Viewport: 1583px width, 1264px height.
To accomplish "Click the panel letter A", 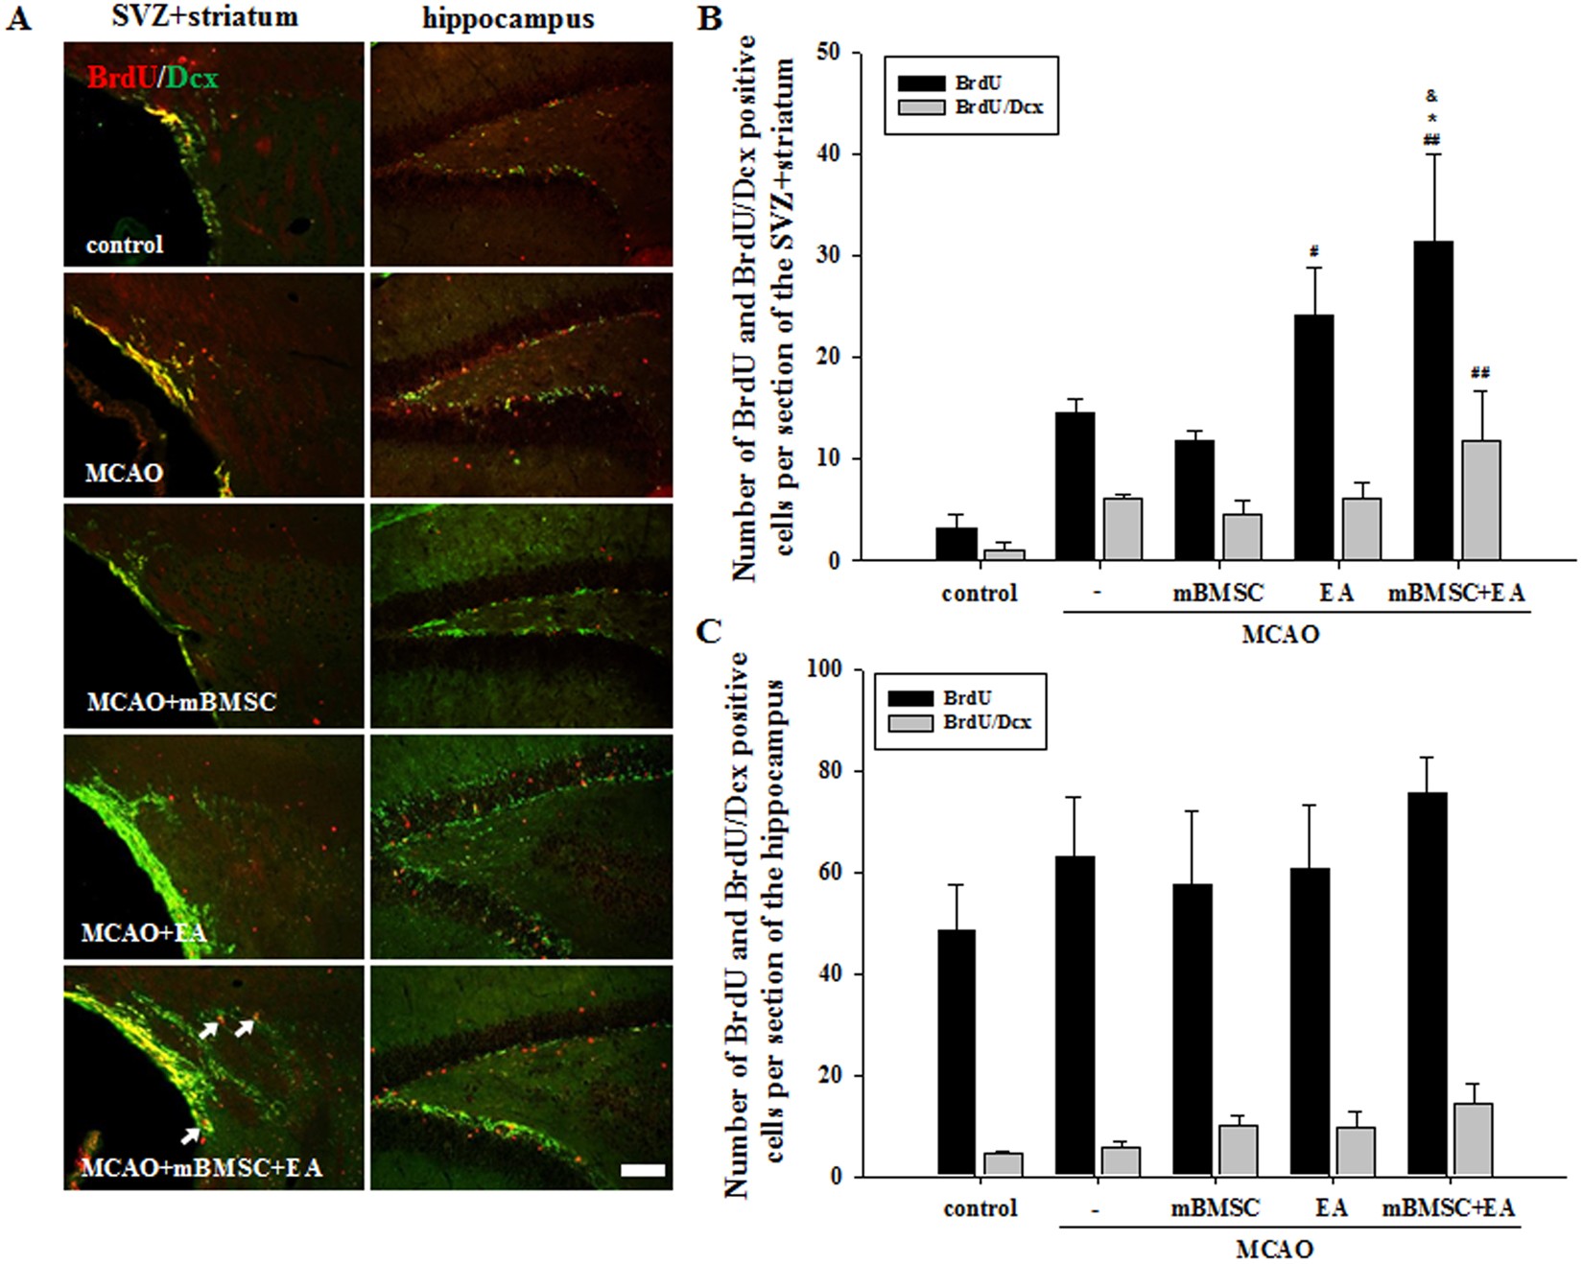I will click(x=18, y=18).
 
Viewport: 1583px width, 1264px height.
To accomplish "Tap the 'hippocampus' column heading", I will click(x=508, y=18).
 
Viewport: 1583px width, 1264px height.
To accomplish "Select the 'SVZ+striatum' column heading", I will click(x=204, y=16).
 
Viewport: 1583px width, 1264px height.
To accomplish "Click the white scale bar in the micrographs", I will click(x=643, y=1170).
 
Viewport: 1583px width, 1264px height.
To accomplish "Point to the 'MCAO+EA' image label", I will click(x=143, y=932).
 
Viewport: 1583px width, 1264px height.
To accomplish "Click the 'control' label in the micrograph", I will click(x=125, y=245).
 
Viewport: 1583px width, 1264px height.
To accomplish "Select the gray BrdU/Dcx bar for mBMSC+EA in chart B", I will click(x=1480, y=500).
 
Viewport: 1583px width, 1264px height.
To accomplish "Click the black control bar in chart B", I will click(x=956, y=544).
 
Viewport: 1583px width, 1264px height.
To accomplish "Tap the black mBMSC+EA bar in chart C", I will click(x=1427, y=983).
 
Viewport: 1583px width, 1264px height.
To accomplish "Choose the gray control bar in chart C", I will click(x=1003, y=1164).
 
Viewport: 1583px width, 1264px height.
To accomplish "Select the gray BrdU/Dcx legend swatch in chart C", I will click(x=910, y=722).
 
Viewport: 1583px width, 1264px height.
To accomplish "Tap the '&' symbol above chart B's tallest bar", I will click(x=1431, y=96).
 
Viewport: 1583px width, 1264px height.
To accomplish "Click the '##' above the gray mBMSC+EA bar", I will click(x=1479, y=372).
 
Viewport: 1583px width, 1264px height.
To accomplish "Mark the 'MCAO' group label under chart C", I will click(x=1274, y=1250).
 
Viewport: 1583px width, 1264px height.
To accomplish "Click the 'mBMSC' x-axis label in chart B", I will click(x=1218, y=594).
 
